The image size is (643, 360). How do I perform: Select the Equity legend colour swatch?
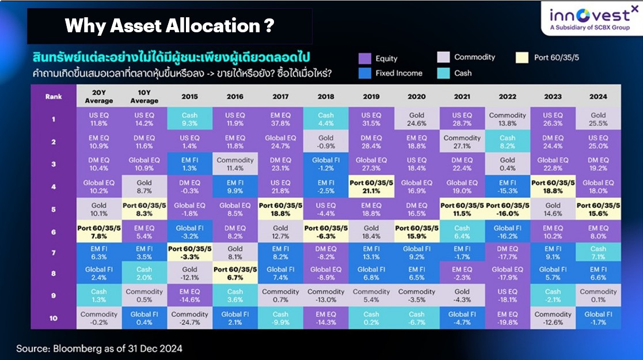(364, 58)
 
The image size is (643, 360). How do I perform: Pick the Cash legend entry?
(454, 73)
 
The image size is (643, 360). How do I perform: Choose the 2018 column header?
(326, 96)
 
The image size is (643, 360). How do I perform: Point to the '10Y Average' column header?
(144, 96)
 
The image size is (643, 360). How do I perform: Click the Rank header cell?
(54, 96)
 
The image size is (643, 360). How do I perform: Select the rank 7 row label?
(54, 253)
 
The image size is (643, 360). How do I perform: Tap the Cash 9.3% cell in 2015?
(189, 119)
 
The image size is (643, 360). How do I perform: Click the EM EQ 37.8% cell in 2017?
(280, 119)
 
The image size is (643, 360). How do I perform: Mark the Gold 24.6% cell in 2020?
(417, 119)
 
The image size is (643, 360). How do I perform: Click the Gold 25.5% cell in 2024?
(598, 119)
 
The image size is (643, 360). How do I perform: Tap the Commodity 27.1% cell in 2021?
(462, 142)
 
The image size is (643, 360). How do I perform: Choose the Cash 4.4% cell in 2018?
(326, 119)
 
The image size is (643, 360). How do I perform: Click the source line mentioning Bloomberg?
(99, 348)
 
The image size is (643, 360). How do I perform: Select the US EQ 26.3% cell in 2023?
(553, 119)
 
